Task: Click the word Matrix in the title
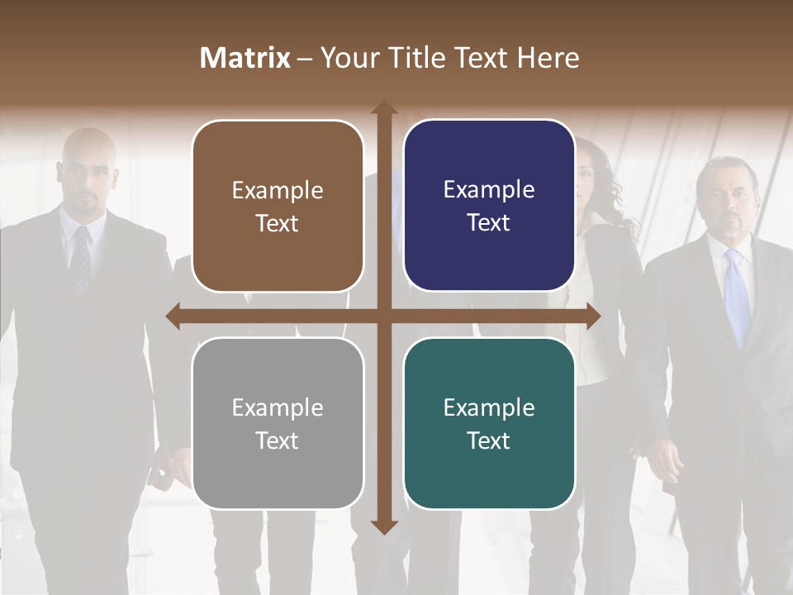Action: tap(245, 58)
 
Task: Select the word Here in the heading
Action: tap(548, 58)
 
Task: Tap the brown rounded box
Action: tap(278, 207)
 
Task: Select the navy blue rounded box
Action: tap(489, 206)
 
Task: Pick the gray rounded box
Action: tap(278, 423)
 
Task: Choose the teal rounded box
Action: tap(489, 423)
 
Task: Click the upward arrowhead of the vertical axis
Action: tap(384, 108)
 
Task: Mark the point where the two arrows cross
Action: tap(384, 316)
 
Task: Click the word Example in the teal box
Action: tap(489, 407)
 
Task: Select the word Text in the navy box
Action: tap(489, 223)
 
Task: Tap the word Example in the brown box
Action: tap(278, 190)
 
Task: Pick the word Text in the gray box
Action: tap(278, 440)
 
